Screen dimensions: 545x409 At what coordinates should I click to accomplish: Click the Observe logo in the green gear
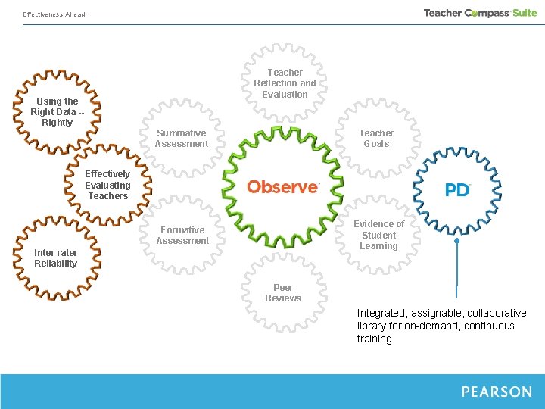tap(283, 186)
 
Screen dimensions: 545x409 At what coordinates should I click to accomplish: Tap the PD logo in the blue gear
tap(457, 189)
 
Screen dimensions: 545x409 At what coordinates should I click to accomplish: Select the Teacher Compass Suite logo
tap(480, 13)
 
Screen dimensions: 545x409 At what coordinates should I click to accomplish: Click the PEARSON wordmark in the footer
tap(497, 392)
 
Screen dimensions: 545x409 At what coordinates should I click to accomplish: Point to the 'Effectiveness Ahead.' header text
tap(54, 14)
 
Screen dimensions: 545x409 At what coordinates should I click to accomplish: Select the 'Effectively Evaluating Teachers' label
tap(107, 185)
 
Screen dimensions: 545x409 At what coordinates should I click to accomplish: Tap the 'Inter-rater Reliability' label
tap(55, 258)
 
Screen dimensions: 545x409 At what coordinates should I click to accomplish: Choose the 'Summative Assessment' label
tap(182, 139)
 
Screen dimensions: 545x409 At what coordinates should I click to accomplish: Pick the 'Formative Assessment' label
tap(182, 236)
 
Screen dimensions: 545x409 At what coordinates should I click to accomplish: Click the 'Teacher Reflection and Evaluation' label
tap(285, 83)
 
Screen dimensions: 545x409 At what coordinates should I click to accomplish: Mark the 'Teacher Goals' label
tap(376, 139)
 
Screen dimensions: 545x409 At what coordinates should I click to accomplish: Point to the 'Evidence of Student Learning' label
tap(378, 235)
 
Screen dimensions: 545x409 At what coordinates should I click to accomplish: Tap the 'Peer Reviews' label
tap(283, 293)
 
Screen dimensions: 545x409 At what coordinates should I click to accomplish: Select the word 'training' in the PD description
tap(375, 339)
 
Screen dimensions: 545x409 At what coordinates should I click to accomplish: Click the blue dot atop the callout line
tap(457, 241)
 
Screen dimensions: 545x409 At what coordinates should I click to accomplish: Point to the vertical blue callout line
tap(457, 269)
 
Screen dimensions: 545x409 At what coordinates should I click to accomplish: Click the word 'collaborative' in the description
tap(497, 313)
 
